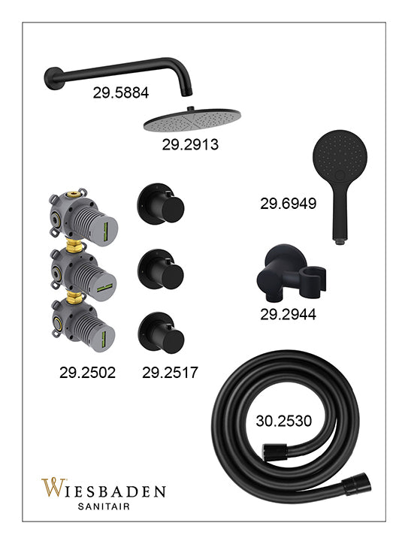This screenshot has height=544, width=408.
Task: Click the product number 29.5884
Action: point(121,92)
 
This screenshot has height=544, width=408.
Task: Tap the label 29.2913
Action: point(190,144)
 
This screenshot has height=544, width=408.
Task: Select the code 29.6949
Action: point(289,204)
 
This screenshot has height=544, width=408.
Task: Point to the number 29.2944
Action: point(289,314)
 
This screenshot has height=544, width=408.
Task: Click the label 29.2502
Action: point(87,373)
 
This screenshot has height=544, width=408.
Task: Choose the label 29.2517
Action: point(170,373)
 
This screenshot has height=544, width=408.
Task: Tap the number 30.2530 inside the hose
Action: point(284,421)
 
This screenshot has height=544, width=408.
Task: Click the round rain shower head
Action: point(192,120)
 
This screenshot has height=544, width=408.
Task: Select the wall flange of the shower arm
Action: point(53,78)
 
